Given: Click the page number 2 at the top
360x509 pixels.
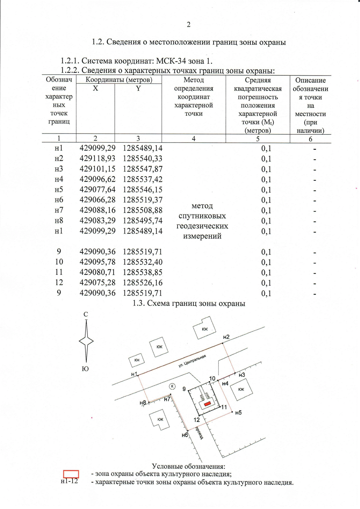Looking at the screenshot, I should click(188, 25).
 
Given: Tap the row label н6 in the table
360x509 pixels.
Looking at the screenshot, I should click(59, 200).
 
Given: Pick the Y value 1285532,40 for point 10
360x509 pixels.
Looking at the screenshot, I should click(142, 262).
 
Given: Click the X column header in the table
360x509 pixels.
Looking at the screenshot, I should click(95, 88).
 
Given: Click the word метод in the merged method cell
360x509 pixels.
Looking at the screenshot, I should click(202, 206).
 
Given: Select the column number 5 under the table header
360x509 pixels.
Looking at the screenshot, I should click(258, 139).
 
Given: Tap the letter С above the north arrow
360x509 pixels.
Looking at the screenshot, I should click(86, 314).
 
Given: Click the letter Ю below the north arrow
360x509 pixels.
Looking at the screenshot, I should click(85, 369).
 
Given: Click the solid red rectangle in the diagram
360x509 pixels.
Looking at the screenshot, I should click(207, 404).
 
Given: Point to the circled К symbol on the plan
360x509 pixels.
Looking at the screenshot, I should click(172, 386).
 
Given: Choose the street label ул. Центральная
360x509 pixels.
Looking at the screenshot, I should click(192, 361).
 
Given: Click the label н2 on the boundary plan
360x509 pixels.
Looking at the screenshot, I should click(226, 337).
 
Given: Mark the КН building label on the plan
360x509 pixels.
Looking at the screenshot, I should click(137, 360).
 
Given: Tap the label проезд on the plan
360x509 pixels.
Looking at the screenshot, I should click(199, 432).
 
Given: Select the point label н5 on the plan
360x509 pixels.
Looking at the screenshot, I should click(238, 413).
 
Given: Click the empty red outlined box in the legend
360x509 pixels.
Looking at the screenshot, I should click(71, 474).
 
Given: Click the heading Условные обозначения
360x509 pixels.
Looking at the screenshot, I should click(188, 466).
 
